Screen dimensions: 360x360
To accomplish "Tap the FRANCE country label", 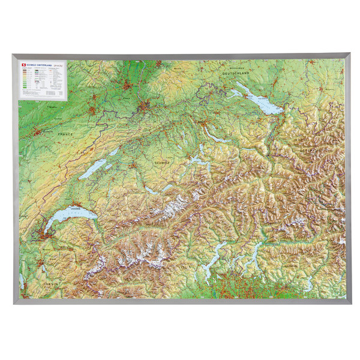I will (65, 134).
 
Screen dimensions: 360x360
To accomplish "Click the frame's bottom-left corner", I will (14, 303).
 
